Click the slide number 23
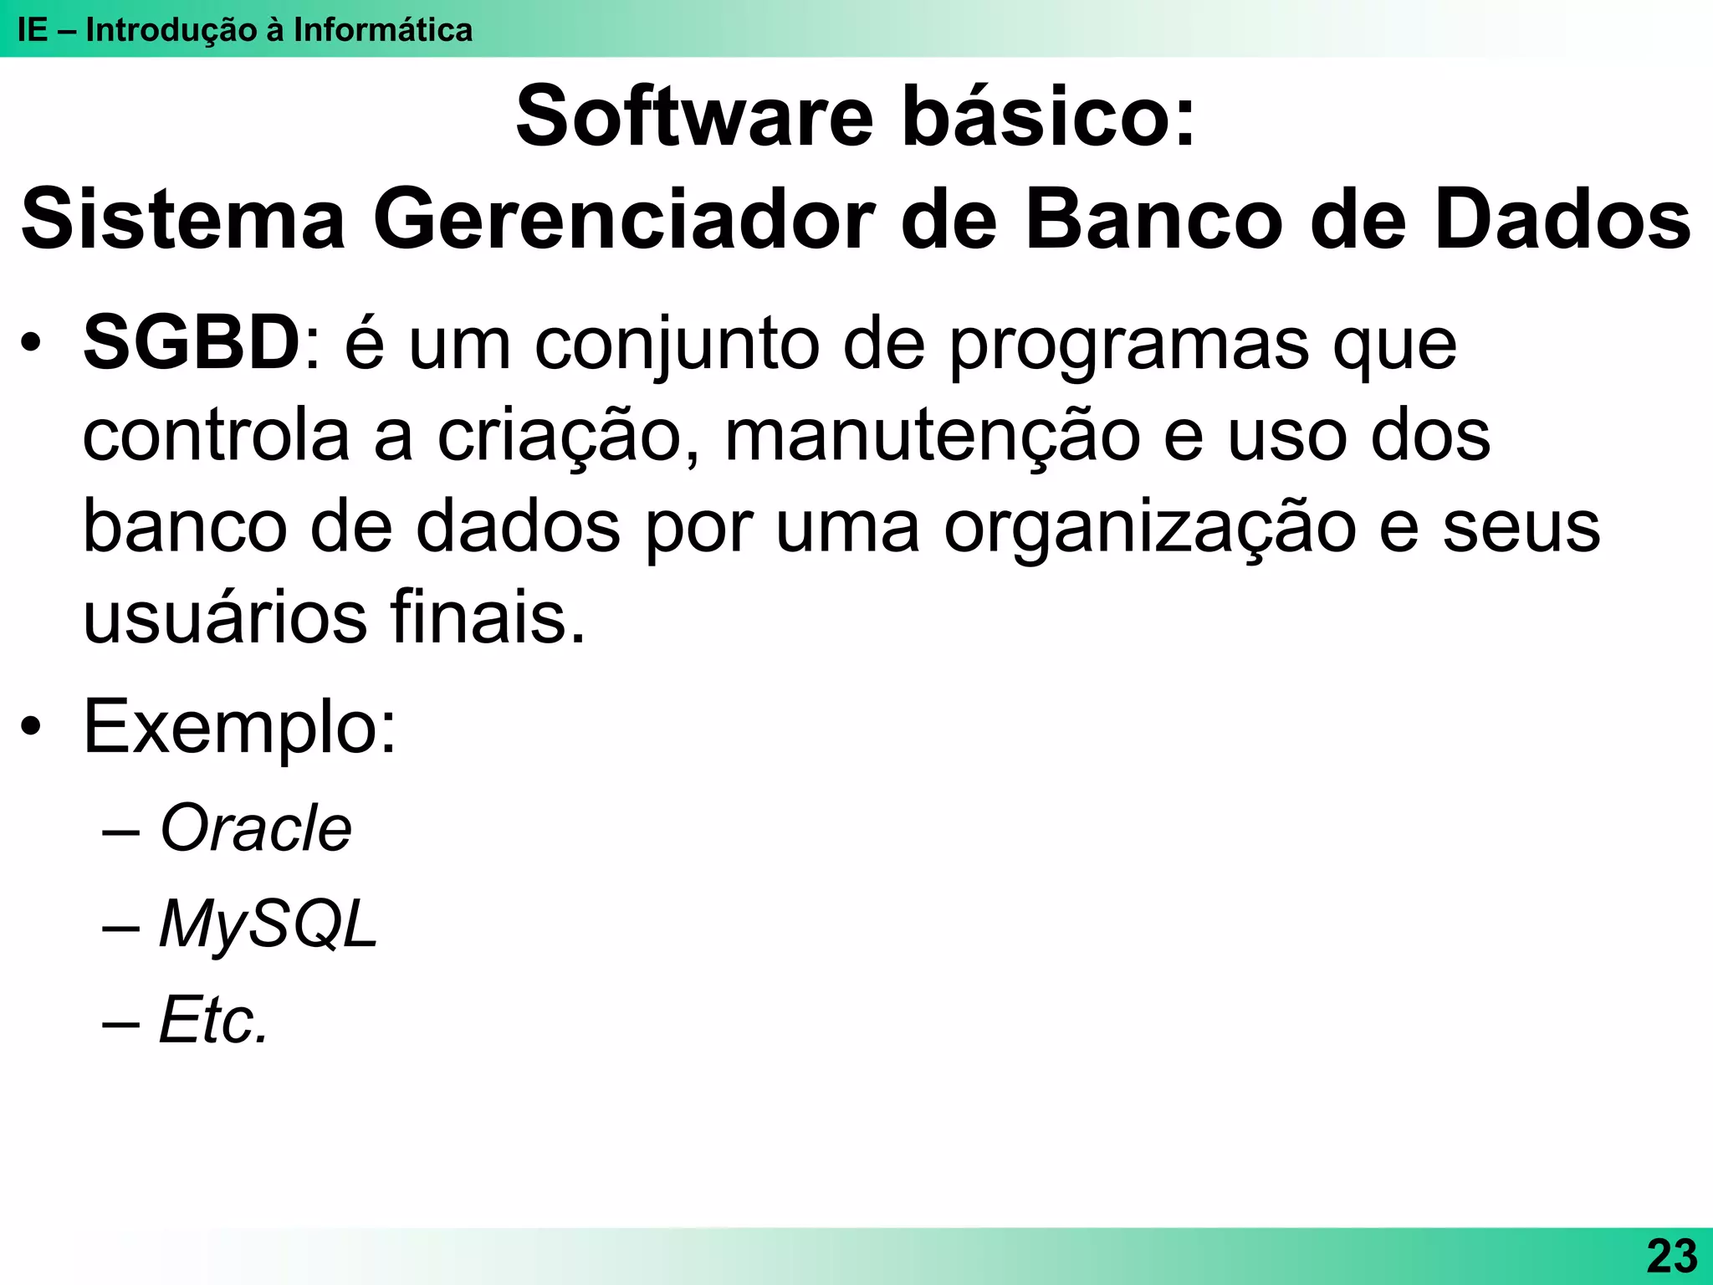tap(1671, 1256)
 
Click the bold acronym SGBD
tap(192, 343)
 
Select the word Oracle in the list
tap(256, 828)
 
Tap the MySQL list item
tap(268, 924)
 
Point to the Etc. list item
tap(213, 1020)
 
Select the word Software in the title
tap(694, 117)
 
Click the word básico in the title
tap(1049, 117)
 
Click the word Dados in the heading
tap(1563, 220)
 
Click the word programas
tap(1129, 345)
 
